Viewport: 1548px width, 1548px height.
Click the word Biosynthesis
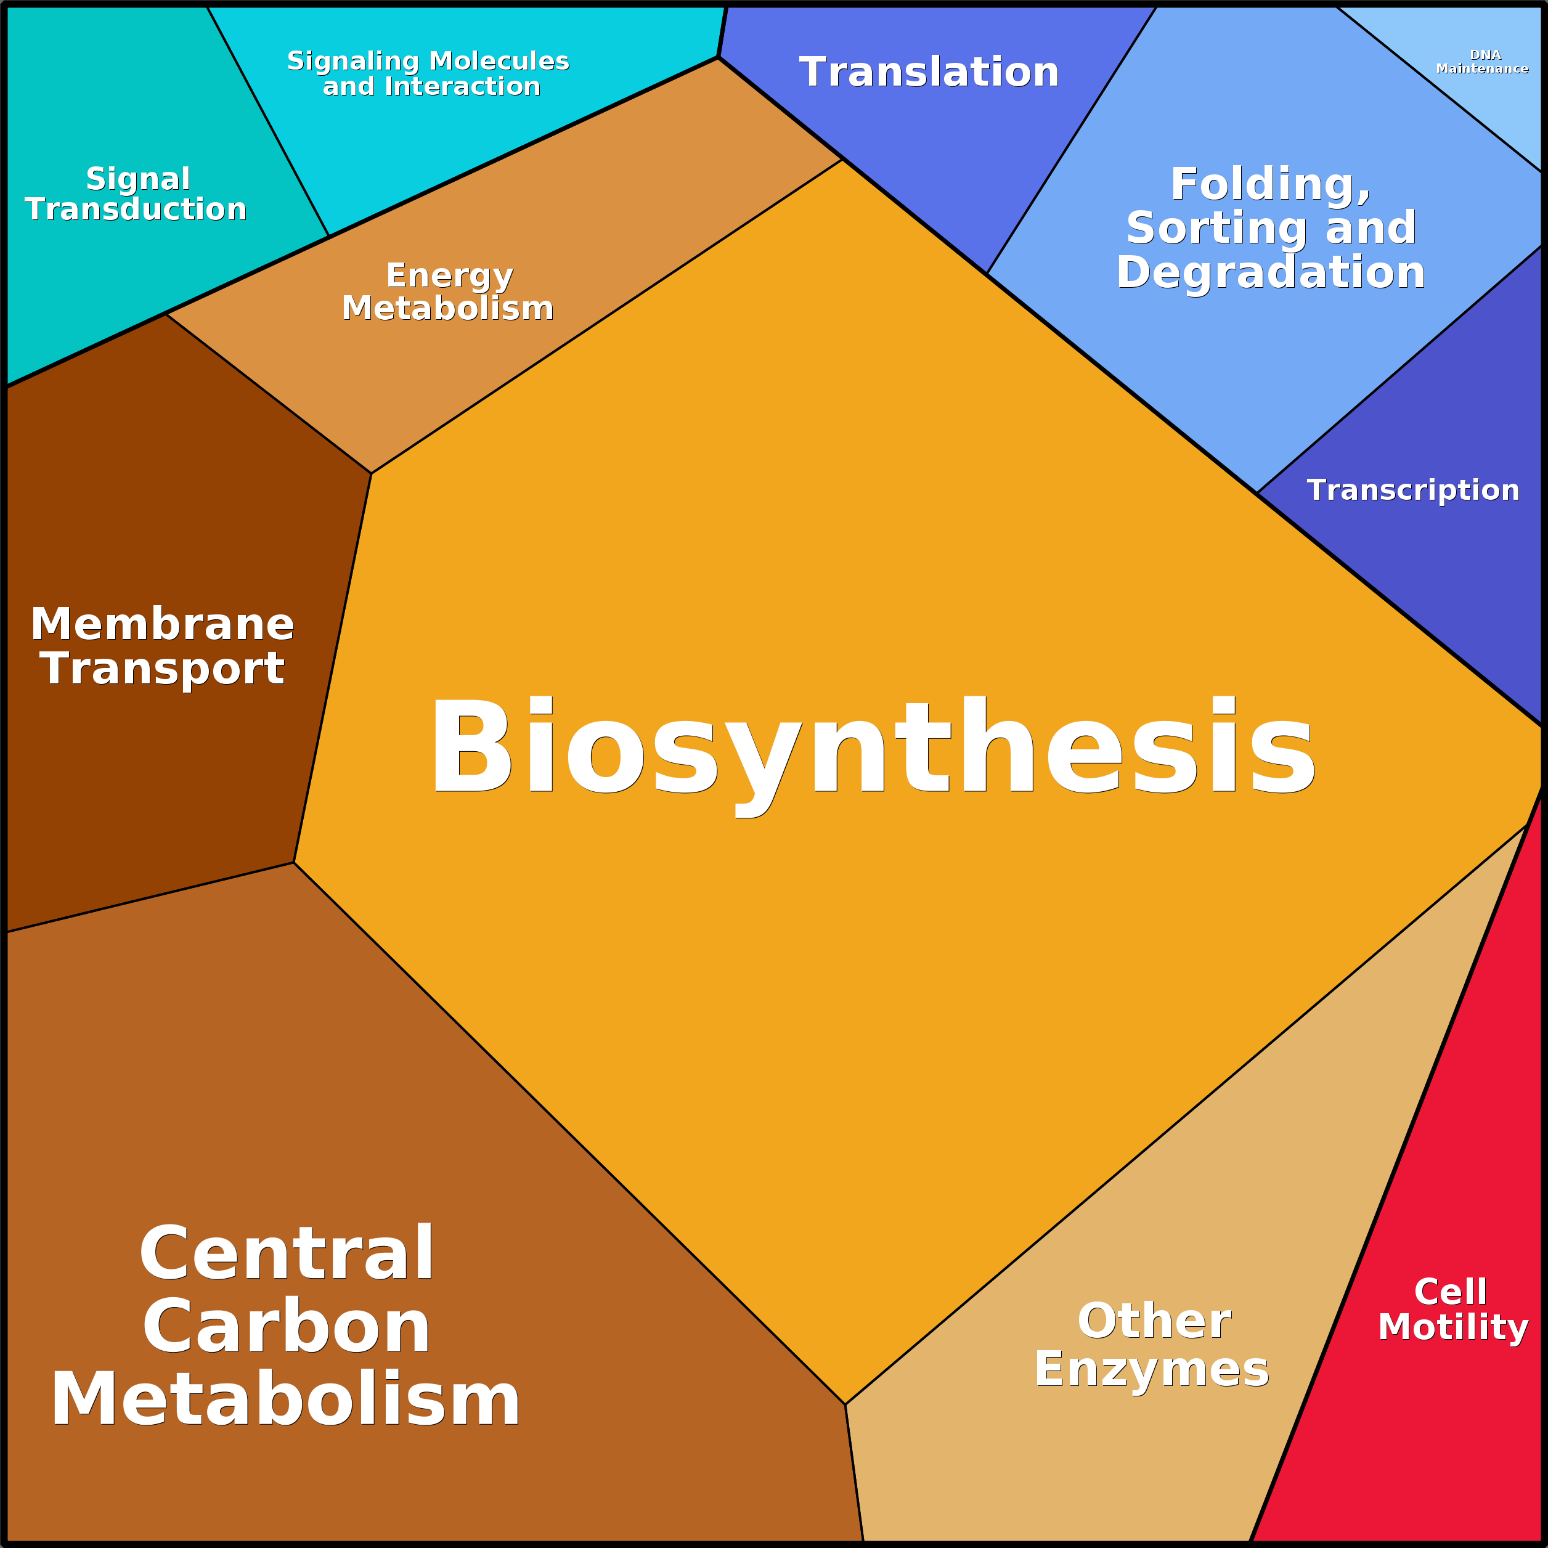coord(872,747)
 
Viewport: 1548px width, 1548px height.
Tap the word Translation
coord(929,72)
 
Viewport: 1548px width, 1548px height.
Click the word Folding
coord(1270,184)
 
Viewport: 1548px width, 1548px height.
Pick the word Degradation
coord(1271,272)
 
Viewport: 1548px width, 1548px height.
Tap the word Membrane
coord(163,624)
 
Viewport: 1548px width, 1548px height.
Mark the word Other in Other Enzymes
coord(1154,1321)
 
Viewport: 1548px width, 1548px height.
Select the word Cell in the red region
coord(1450,1292)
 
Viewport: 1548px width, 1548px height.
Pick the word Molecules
coord(499,61)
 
